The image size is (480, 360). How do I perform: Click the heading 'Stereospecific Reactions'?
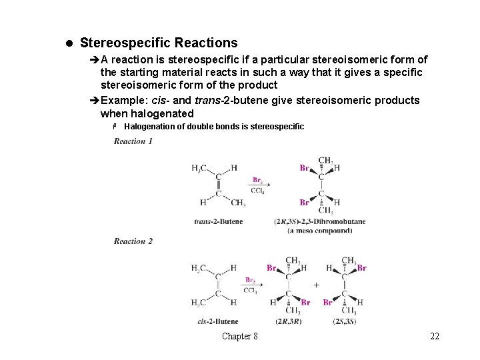pos(158,43)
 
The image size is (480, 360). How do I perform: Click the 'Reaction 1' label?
pos(133,141)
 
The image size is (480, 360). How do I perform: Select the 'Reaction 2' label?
pos(133,241)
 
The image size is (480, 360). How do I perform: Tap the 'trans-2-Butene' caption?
pos(219,221)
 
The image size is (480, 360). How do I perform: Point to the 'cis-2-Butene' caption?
pos(218,321)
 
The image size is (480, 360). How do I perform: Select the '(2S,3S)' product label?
pos(345,321)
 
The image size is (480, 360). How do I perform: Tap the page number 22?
pos(435,336)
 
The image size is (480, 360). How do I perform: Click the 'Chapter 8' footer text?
pos(240,336)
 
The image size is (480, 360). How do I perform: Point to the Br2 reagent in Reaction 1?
pos(257,180)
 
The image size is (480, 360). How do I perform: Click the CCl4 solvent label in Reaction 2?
pos(250,291)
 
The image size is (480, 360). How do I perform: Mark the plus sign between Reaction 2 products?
pos(316,285)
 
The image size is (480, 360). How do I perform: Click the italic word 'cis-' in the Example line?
pos(160,100)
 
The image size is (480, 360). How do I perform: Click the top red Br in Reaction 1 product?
pos(304,168)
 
